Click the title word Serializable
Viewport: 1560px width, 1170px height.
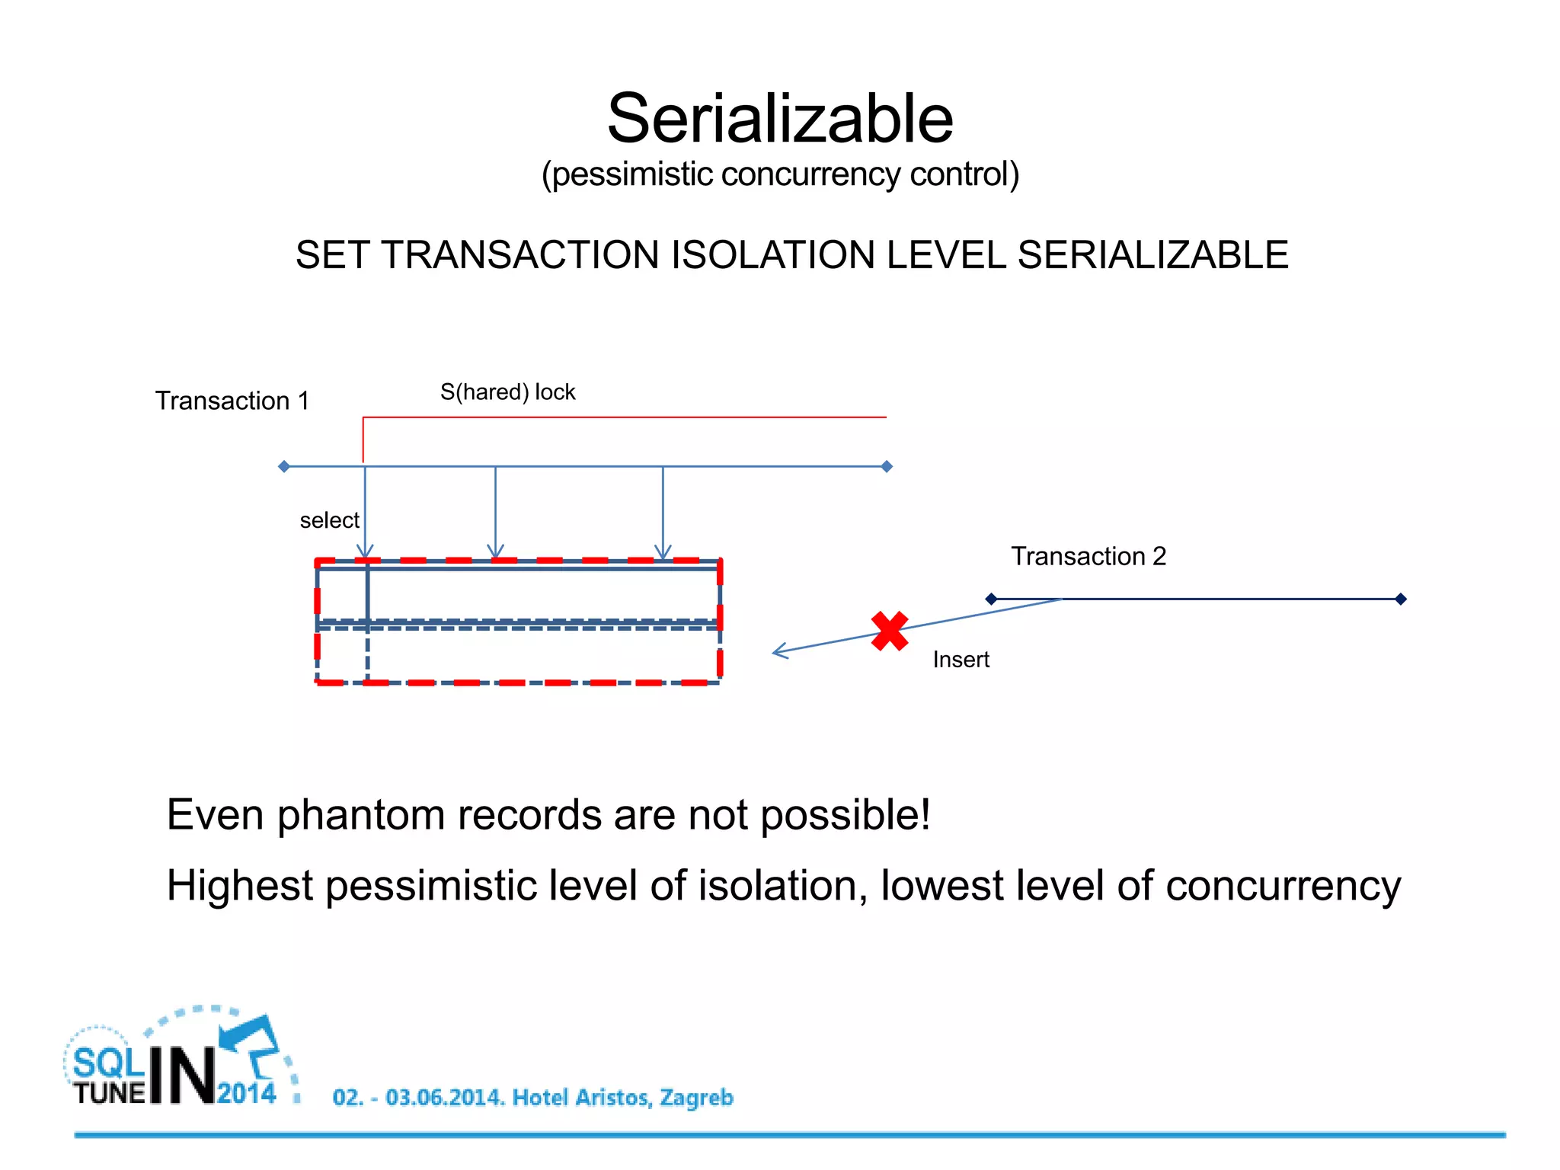(x=779, y=119)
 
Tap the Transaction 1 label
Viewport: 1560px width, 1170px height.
(x=232, y=401)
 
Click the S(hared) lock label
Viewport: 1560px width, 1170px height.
(x=507, y=392)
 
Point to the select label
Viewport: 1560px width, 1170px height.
(x=329, y=520)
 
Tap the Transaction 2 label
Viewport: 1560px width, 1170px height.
(x=1088, y=556)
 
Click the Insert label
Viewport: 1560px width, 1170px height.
(x=961, y=660)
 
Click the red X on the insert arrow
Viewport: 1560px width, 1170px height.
(x=889, y=631)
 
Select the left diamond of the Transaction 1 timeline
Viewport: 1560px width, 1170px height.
(x=284, y=466)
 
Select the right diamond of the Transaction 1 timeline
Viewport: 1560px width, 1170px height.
(x=887, y=466)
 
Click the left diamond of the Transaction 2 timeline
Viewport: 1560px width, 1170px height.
(x=991, y=599)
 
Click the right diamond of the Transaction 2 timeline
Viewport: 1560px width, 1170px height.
(x=1400, y=599)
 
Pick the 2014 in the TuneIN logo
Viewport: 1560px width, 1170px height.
(x=246, y=1093)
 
